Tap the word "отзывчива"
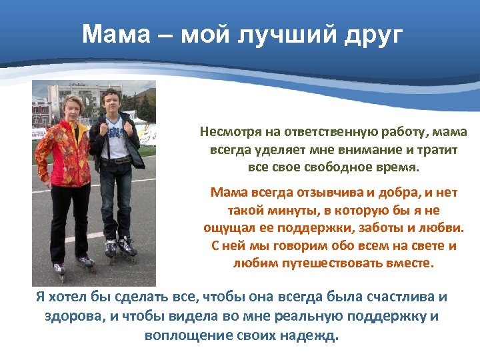pos(319,193)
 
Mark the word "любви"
pos(445,228)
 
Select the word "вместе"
pos(411,263)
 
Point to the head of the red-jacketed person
pos(70,107)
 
